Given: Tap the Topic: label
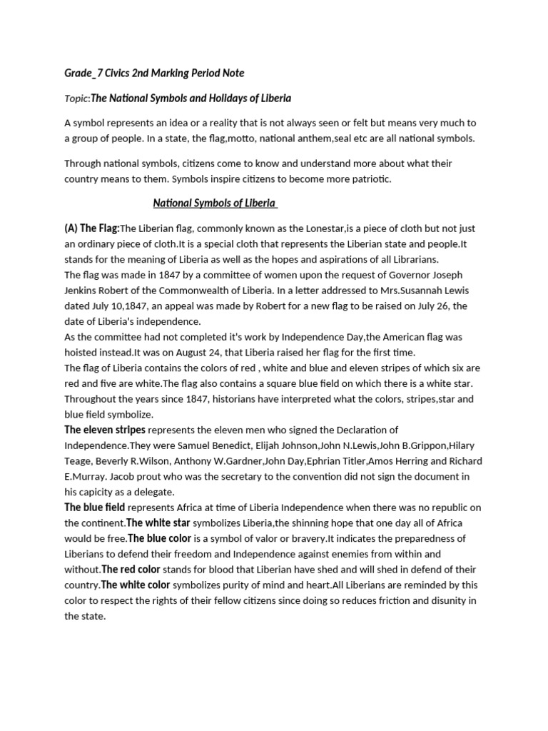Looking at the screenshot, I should pos(76,98).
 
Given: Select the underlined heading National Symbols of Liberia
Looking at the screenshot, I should pos(215,203).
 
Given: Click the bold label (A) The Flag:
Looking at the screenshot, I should pos(91,228).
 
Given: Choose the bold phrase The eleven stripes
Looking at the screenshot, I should pos(105,430).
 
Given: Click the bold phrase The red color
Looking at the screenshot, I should pos(131,569).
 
